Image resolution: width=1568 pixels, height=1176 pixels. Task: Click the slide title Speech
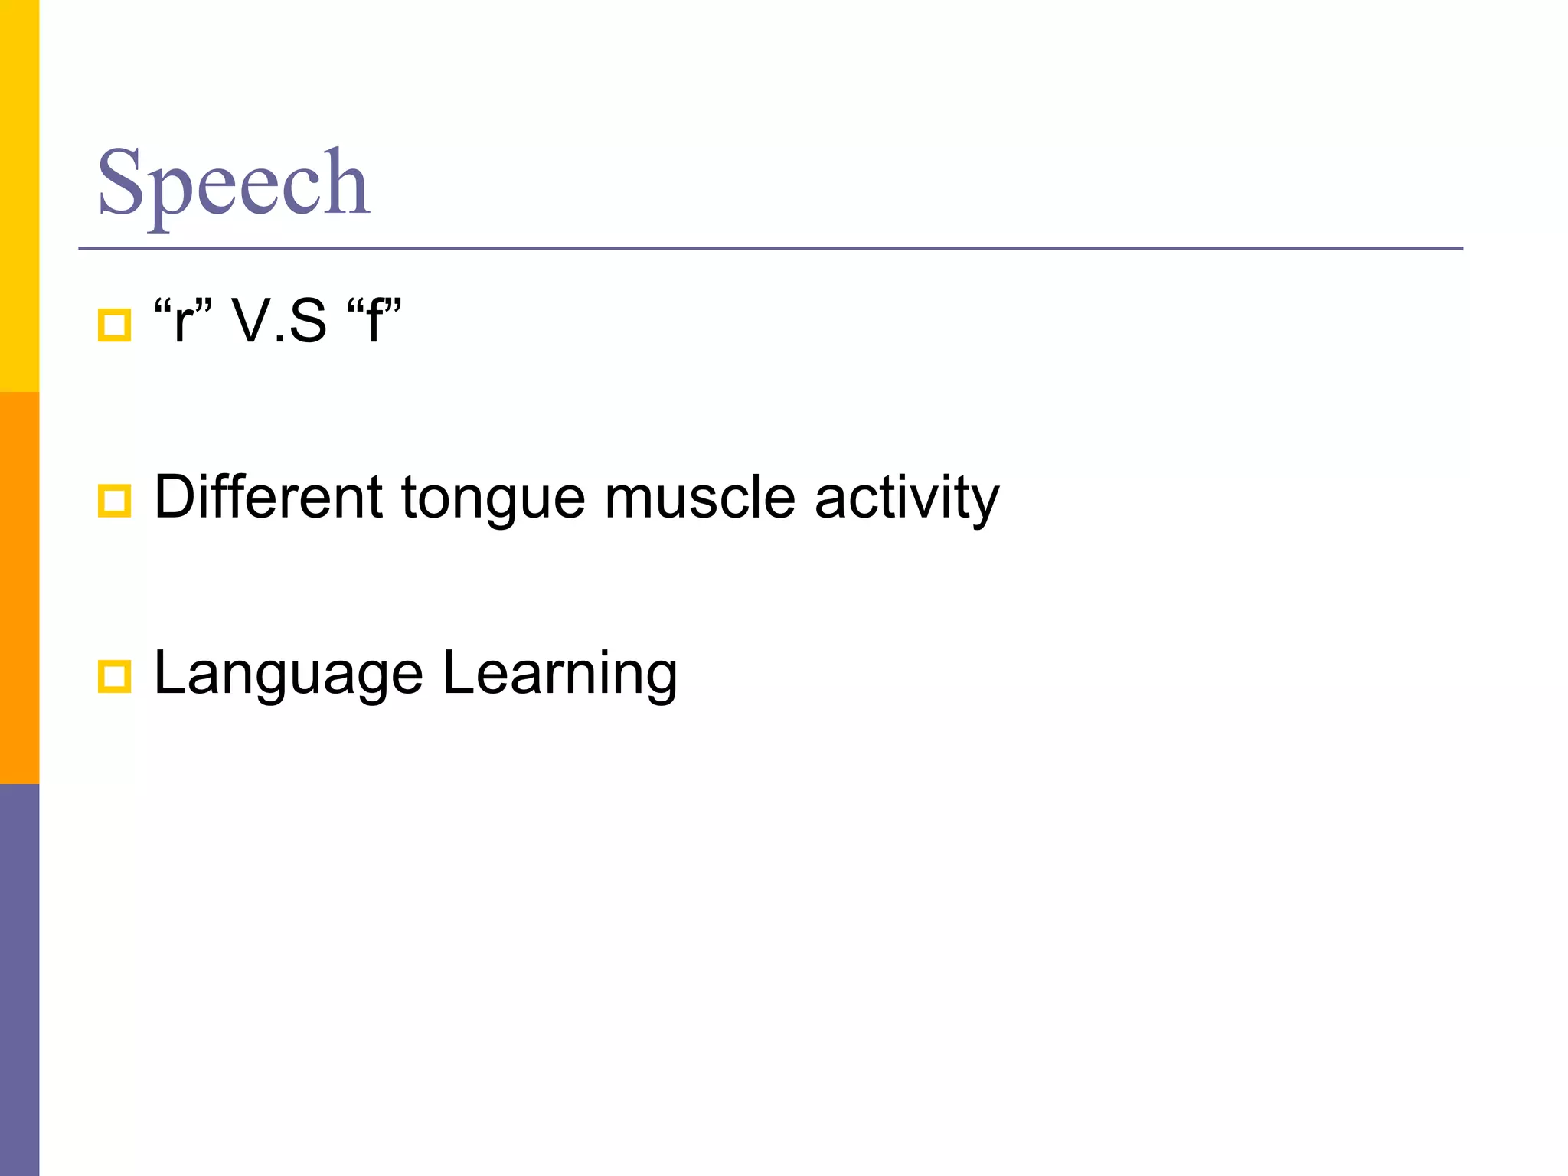click(234, 184)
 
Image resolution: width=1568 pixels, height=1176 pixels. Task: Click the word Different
click(268, 498)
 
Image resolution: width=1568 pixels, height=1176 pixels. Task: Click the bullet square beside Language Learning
click(115, 677)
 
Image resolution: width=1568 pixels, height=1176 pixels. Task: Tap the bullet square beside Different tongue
click(115, 501)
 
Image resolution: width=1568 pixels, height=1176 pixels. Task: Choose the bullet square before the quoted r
click(115, 325)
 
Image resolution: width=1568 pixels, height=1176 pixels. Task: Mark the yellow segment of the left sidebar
click(19, 195)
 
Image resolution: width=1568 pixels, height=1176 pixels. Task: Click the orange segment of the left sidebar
click(19, 587)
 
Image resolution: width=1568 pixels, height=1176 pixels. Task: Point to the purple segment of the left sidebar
click(19, 980)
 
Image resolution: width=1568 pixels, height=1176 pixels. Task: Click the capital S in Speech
click(121, 182)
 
